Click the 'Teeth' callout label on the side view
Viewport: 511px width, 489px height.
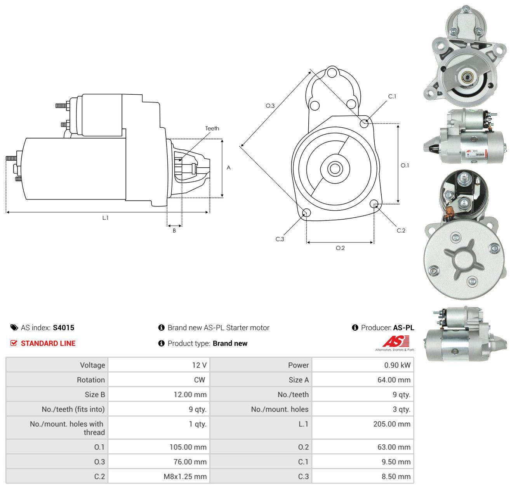pyautogui.click(x=212, y=128)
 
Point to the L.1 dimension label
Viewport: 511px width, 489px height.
pyautogui.click(x=105, y=218)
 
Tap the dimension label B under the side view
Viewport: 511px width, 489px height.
pyautogui.click(x=174, y=231)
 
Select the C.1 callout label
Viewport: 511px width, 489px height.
pyautogui.click(x=392, y=96)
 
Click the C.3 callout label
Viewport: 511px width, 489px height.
pyautogui.click(x=280, y=239)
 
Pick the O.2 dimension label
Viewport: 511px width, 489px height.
pyautogui.click(x=340, y=248)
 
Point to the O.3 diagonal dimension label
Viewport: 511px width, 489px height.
pyautogui.click(x=270, y=106)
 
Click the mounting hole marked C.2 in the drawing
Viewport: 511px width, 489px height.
pyautogui.click(x=374, y=203)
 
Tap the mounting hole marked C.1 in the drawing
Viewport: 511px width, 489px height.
pyautogui.click(x=364, y=123)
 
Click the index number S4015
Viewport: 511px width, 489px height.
pyautogui.click(x=64, y=328)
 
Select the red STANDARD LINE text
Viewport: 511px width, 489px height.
pyautogui.click(x=48, y=343)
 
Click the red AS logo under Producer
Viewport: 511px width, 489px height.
pyautogui.click(x=395, y=342)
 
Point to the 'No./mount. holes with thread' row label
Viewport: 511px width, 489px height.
pyautogui.click(x=67, y=428)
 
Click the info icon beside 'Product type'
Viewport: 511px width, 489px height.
pyautogui.click(x=161, y=343)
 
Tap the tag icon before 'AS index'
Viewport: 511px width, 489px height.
pyautogui.click(x=14, y=328)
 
